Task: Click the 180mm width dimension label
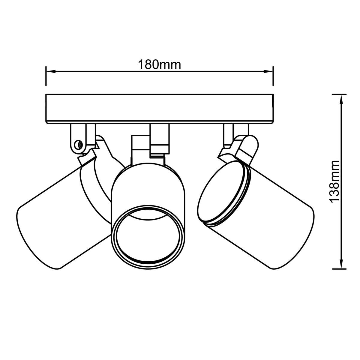159,64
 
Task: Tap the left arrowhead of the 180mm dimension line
51,71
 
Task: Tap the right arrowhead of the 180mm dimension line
268,71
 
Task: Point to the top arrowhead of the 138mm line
341,99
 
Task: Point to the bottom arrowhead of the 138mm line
341,264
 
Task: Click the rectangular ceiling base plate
160,109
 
